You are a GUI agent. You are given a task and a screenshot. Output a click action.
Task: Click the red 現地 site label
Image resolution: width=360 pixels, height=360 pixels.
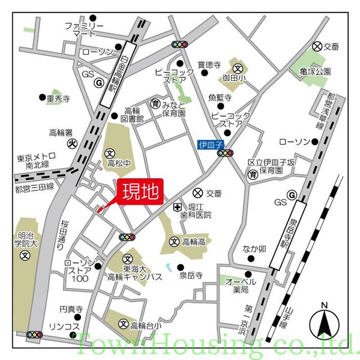tap(140, 192)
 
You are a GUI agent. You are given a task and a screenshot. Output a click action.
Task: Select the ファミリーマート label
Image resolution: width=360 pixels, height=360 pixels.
tap(85, 31)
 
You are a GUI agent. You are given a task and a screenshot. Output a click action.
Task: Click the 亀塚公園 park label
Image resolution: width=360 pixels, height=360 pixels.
tap(315, 71)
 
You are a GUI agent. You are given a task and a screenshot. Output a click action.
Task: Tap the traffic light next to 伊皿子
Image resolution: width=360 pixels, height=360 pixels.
tap(226, 154)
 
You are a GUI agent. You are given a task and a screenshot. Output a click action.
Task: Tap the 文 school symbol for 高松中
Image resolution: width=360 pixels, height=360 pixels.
tap(110, 153)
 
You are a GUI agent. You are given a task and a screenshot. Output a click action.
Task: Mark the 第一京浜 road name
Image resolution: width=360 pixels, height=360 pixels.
tap(242, 319)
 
